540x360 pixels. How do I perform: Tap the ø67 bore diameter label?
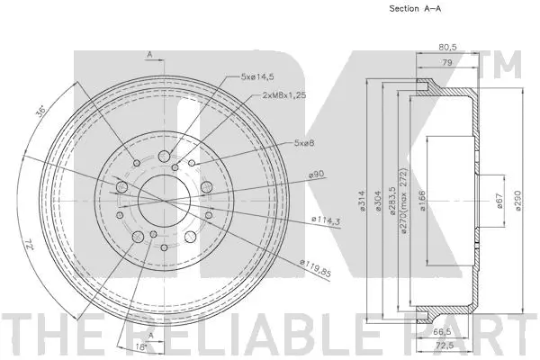click(499, 202)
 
